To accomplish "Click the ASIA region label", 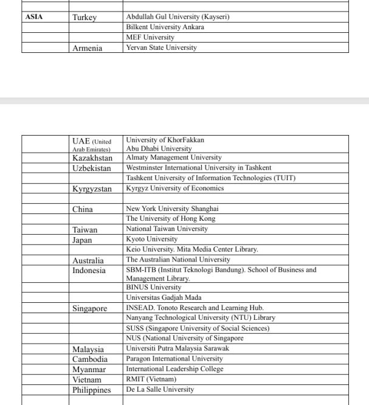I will [34, 17].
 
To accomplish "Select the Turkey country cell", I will [84, 18].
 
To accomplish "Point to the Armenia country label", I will [87, 48].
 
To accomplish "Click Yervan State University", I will [161, 47].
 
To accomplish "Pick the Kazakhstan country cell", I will [92, 158].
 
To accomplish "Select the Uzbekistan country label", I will [92, 168].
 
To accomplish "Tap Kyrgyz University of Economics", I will [175, 189].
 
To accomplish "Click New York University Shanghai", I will [171, 209].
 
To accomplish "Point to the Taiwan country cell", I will [84, 230].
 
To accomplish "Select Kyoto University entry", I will [151, 240].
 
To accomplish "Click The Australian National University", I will [178, 260].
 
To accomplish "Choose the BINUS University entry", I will [153, 287].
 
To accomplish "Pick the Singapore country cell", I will [89, 308].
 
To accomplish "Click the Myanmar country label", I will [89, 370].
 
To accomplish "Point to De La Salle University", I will [160, 389].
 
